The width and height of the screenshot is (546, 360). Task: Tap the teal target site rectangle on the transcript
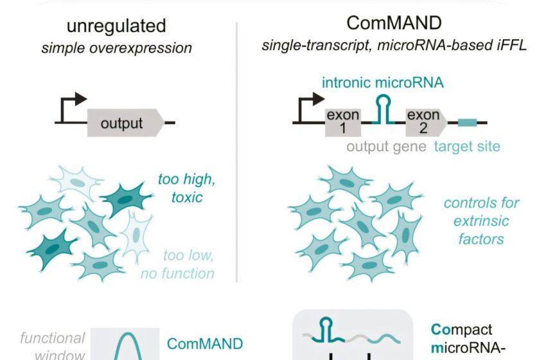tap(467, 122)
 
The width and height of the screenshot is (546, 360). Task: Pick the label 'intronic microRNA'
tap(384, 84)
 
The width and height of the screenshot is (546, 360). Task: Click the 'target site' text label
tap(467, 147)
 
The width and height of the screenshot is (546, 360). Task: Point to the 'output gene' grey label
tap(387, 147)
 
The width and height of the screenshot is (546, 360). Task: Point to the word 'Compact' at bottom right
tap(462, 330)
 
